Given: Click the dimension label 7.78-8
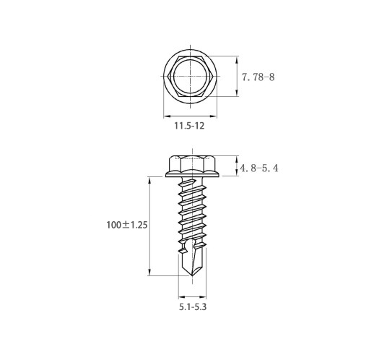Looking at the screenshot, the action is pyautogui.click(x=258, y=77).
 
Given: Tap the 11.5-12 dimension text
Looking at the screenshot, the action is pyautogui.click(x=189, y=126).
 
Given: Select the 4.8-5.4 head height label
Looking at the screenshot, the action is pyautogui.click(x=259, y=168).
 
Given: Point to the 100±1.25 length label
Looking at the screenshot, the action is pyautogui.click(x=127, y=225).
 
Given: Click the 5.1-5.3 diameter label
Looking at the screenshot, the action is pyautogui.click(x=193, y=307).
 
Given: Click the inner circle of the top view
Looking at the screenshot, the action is pyautogui.click(x=173, y=76).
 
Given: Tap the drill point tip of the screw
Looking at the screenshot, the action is pyautogui.click(x=192, y=275).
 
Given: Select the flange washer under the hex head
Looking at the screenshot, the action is pyautogui.click(x=192, y=174).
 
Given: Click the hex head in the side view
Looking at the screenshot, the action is pyautogui.click(x=192, y=163).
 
